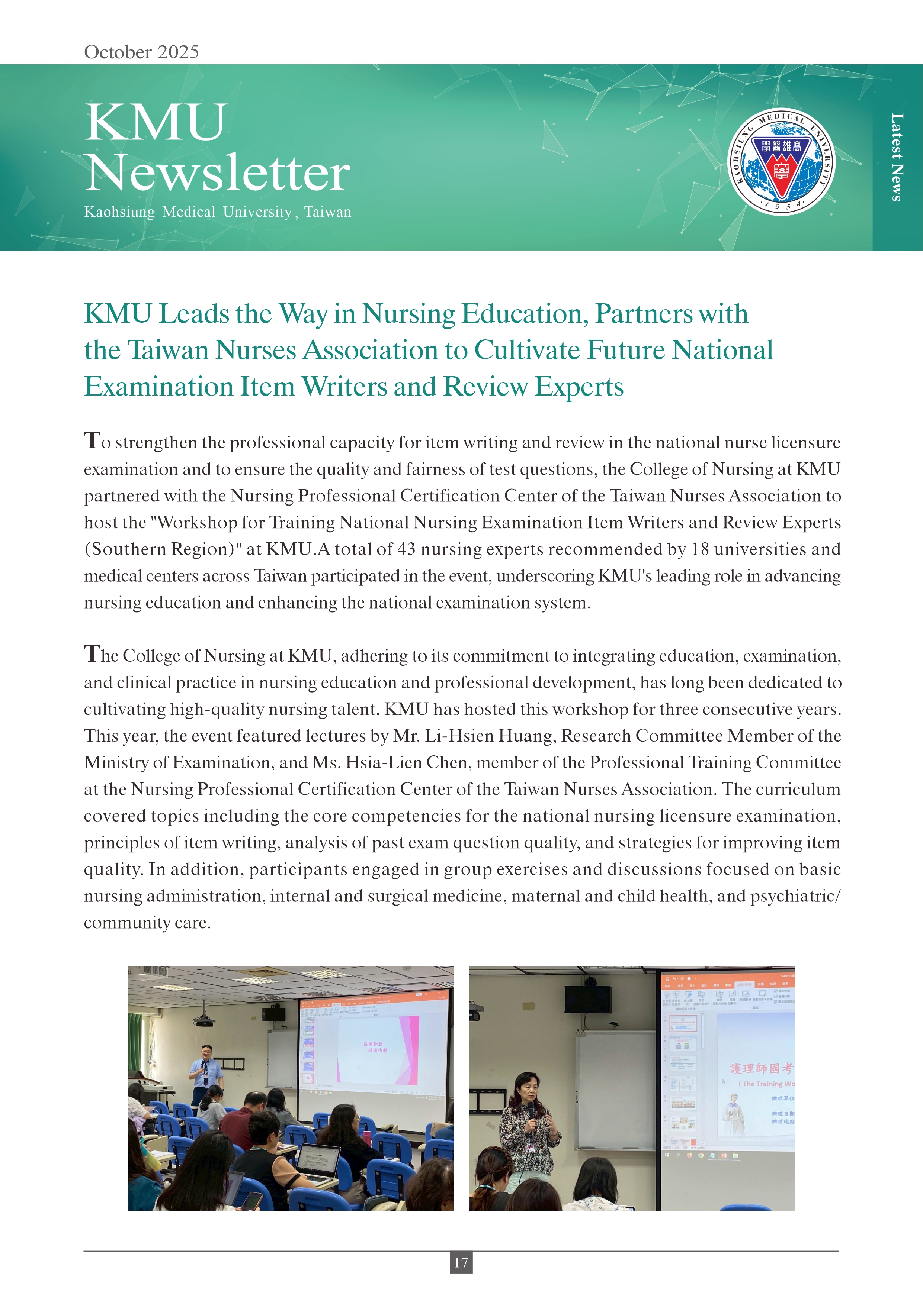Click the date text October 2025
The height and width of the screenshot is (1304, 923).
[x=141, y=52]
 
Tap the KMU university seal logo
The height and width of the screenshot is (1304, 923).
[x=782, y=162]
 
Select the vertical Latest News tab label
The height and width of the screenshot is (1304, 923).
[x=897, y=157]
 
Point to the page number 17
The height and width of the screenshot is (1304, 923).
[x=461, y=1262]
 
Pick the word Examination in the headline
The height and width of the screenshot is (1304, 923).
[x=160, y=387]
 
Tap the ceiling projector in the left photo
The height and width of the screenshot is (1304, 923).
[x=203, y=1022]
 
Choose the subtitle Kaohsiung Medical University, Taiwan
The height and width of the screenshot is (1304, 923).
[x=218, y=212]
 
